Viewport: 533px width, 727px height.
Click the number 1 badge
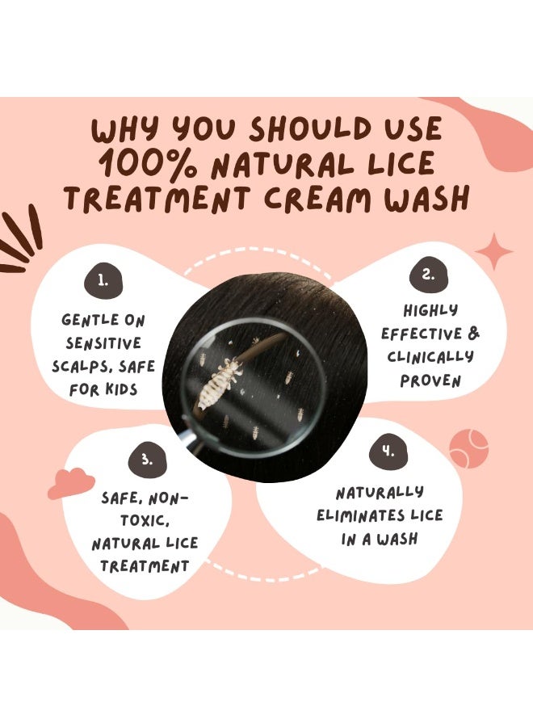pos(103,280)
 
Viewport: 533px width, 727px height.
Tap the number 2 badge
pos(428,275)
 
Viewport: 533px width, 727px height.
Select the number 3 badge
pos(146,460)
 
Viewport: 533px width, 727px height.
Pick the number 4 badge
pos(388,451)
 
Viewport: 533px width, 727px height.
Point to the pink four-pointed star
pos(494,251)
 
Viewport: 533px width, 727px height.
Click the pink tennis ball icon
pos(468,448)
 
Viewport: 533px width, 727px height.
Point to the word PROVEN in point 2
pos(430,380)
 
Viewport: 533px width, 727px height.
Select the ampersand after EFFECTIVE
pos(474,333)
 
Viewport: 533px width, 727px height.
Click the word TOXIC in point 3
pos(145,521)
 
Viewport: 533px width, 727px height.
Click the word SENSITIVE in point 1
pos(103,343)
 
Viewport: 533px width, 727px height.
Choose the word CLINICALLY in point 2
pos(430,356)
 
